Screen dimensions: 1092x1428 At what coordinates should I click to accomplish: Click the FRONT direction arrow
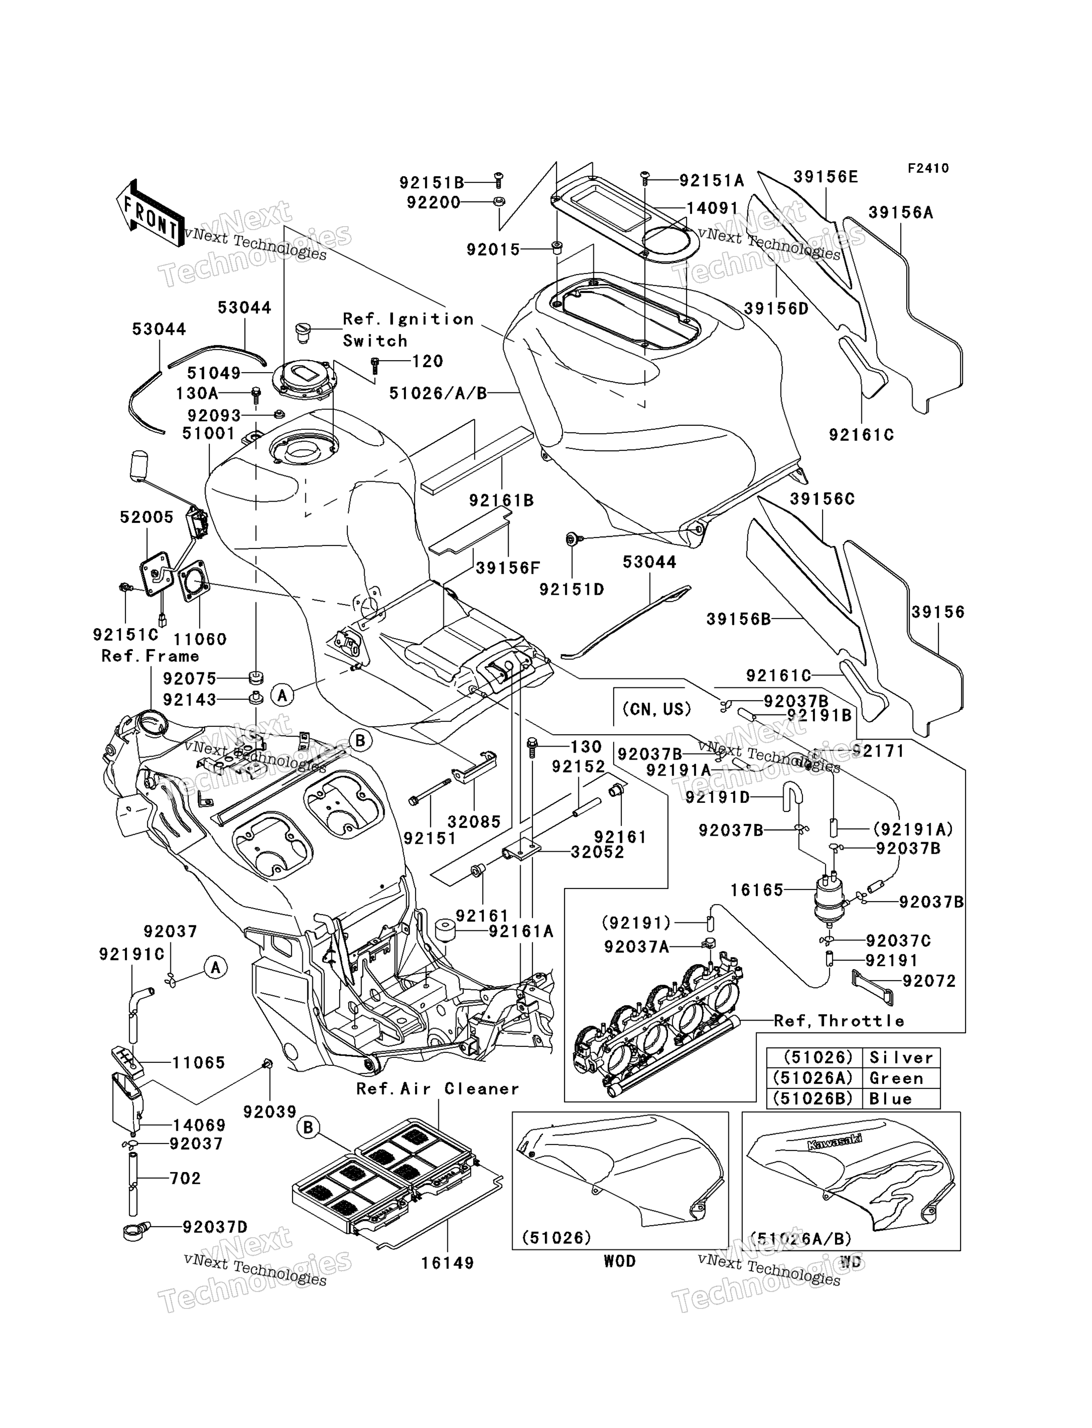pyautogui.click(x=149, y=213)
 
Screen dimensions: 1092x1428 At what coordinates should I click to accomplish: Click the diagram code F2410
pyautogui.click(x=928, y=168)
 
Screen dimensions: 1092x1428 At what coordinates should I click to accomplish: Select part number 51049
pyautogui.click(x=214, y=373)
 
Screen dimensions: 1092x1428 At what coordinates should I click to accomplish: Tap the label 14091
pyautogui.click(x=712, y=208)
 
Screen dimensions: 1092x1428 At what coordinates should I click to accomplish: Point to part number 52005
pyautogui.click(x=147, y=518)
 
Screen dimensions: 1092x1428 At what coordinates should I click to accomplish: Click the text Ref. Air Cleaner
pyautogui.click(x=437, y=1089)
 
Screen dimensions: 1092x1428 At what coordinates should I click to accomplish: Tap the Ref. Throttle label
pyautogui.click(x=839, y=1021)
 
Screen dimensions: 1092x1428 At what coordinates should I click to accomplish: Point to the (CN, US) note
pyautogui.click(x=657, y=709)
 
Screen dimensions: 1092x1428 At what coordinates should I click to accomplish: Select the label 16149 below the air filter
pyautogui.click(x=447, y=1263)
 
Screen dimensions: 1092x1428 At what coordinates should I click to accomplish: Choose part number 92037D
pyautogui.click(x=215, y=1227)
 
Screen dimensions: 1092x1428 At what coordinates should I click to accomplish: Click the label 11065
pyautogui.click(x=198, y=1063)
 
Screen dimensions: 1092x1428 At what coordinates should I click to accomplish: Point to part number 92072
pyautogui.click(x=930, y=981)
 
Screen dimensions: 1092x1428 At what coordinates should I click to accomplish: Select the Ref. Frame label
pyautogui.click(x=150, y=656)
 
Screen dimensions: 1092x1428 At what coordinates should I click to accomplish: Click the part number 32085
pyautogui.click(x=474, y=821)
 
